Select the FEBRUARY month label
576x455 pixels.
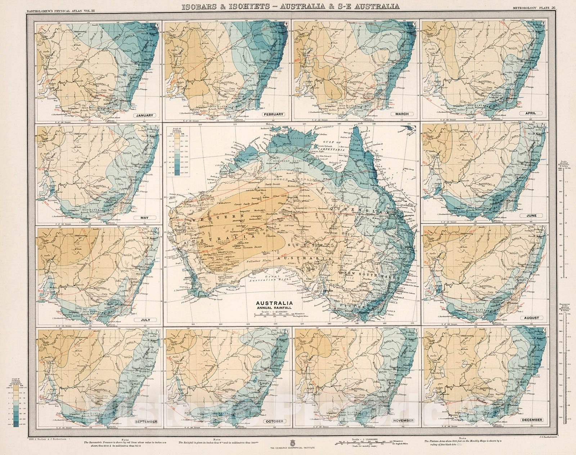[273, 114]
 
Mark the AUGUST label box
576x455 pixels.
[531, 318]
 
